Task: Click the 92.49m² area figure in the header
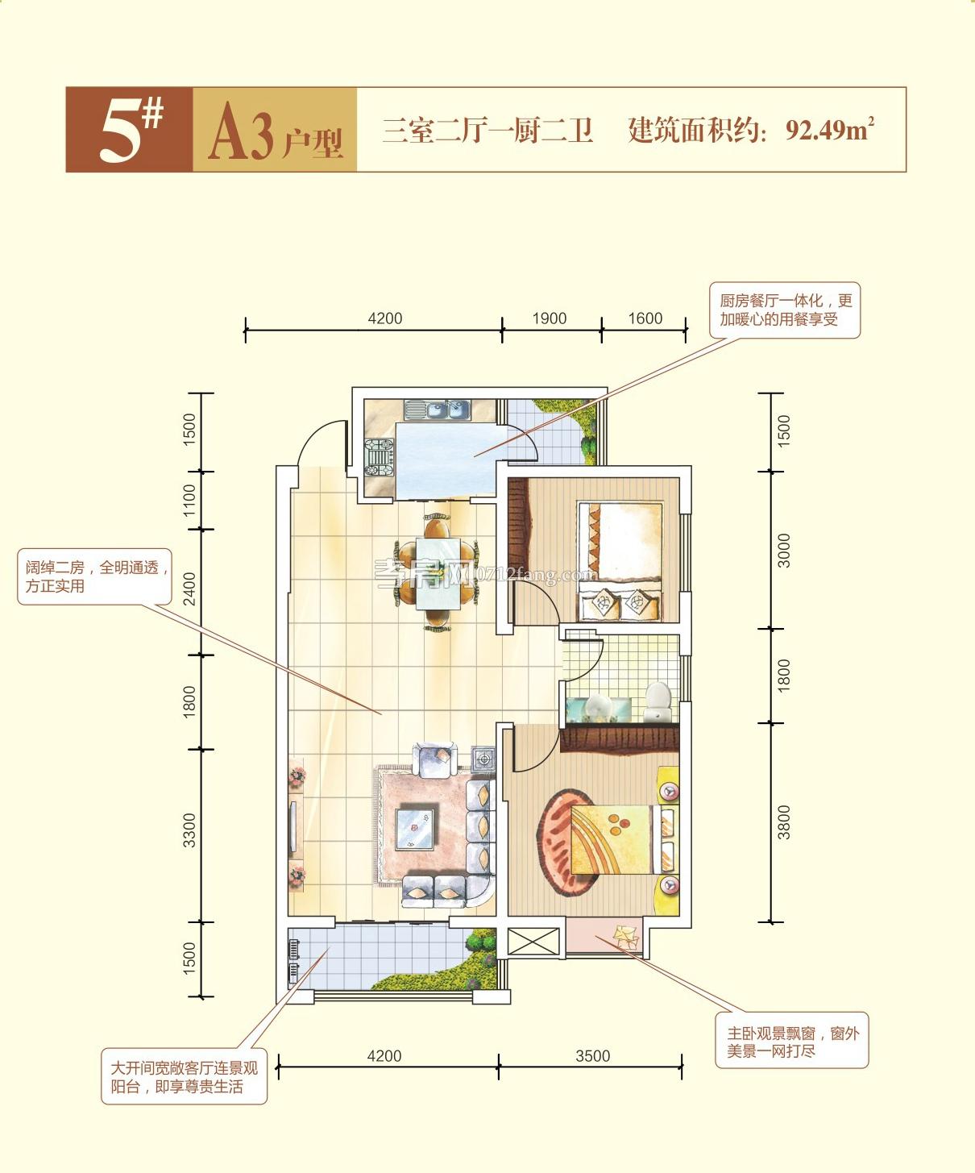point(829,129)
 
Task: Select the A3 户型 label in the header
point(275,135)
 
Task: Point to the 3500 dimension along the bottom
point(592,1056)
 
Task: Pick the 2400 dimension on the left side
point(190,588)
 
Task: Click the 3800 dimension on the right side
point(784,822)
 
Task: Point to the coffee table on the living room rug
point(416,829)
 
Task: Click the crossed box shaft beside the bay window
point(533,941)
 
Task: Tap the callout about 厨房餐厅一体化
point(785,310)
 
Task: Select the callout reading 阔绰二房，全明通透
point(95,577)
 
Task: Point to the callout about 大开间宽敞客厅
point(184,1077)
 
